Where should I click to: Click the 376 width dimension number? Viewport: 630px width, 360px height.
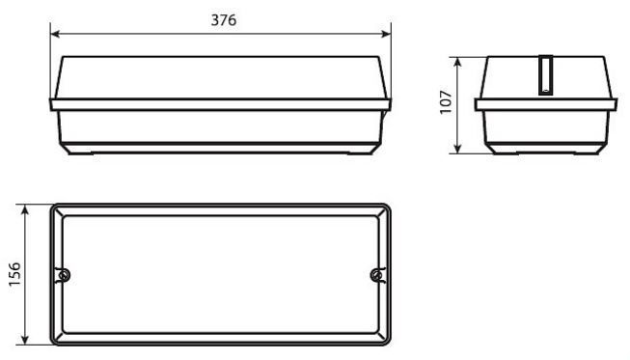(x=224, y=20)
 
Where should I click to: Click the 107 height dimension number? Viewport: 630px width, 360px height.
(x=446, y=102)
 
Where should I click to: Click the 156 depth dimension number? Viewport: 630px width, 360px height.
(x=14, y=274)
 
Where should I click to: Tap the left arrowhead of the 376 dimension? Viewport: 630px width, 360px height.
(x=55, y=34)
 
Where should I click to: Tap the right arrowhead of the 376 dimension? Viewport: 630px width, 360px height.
(x=386, y=34)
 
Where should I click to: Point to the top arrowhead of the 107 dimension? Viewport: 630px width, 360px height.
(x=457, y=63)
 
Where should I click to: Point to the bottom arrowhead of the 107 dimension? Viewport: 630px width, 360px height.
(x=457, y=148)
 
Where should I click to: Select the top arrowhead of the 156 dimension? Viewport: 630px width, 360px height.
(x=25, y=209)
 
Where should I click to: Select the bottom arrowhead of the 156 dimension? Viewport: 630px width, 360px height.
(x=25, y=339)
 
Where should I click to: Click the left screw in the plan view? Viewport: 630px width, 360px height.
(x=63, y=276)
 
